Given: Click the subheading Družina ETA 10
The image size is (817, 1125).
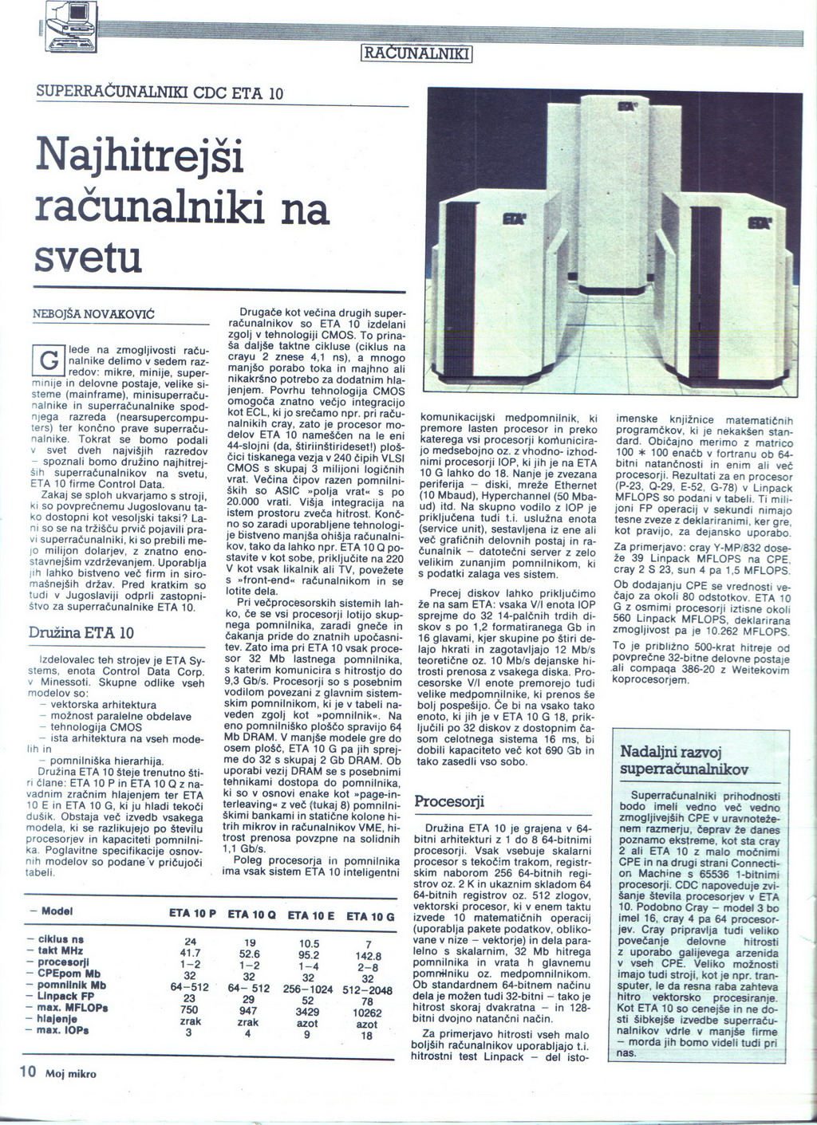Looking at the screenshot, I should (81, 633).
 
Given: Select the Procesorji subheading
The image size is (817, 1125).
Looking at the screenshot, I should (449, 801).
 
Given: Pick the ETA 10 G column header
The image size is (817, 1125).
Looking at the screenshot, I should (370, 916).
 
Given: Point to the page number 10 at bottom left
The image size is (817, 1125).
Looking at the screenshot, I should (27, 1072).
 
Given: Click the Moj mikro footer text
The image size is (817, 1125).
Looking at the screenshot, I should (71, 1073).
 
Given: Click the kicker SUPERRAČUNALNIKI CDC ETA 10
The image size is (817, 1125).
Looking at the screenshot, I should (160, 92).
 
